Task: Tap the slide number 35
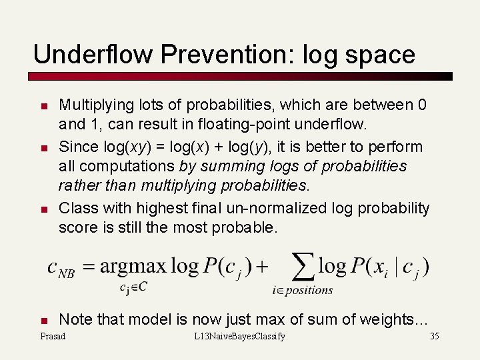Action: click(434, 336)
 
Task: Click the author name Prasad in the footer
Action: click(53, 336)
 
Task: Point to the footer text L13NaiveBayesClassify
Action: click(239, 336)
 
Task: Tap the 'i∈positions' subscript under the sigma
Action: click(303, 290)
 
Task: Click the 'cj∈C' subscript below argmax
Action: click(134, 288)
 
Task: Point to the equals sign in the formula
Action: click(88, 267)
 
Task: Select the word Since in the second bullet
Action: click(76, 147)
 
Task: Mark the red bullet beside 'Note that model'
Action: click(43, 320)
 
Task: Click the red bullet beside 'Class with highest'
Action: click(43, 209)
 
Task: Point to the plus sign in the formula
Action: click(262, 267)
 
